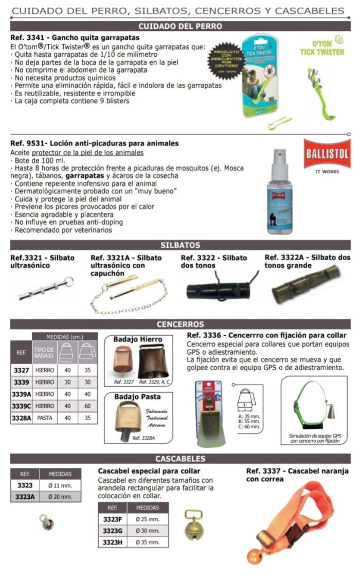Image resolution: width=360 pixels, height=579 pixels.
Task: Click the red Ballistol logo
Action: tap(327, 153)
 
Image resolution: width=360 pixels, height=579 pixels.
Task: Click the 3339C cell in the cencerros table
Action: tap(21, 406)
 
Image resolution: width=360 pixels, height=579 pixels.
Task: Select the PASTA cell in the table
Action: tap(44, 419)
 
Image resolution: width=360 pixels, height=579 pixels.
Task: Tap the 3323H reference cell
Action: tap(112, 542)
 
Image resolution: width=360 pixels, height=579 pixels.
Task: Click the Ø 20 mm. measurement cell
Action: tap(60, 497)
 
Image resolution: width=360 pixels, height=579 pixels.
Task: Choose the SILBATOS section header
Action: tap(180, 245)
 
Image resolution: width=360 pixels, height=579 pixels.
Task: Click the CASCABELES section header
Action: tap(180, 459)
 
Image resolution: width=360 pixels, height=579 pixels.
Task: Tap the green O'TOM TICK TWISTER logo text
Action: tap(322, 49)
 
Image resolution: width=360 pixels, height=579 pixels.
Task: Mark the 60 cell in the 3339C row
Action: tap(87, 406)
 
